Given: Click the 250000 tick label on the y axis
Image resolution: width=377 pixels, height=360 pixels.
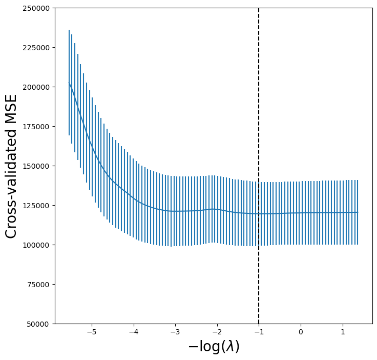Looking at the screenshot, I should (38, 8).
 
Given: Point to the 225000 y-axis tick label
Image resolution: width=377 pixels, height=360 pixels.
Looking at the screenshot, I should (38, 48).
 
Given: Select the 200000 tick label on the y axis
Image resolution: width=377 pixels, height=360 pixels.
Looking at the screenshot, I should (38, 87).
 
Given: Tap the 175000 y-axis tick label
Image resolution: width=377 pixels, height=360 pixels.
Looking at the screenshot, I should (38, 127).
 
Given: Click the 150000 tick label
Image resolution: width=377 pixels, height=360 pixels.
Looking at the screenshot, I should (38, 166).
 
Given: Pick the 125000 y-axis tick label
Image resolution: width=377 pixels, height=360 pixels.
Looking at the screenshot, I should (38, 206).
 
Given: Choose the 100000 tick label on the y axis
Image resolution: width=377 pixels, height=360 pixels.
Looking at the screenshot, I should (38, 245).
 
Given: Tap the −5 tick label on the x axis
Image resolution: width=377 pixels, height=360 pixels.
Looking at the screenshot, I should (92, 332).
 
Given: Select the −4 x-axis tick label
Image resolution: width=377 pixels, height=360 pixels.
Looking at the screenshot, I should (133, 332).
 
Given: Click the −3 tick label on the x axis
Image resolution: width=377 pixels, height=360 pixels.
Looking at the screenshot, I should (175, 332).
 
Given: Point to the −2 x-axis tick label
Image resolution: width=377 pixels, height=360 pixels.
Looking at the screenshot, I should (217, 332).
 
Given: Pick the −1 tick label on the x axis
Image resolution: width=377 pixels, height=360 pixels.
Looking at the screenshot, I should (259, 332).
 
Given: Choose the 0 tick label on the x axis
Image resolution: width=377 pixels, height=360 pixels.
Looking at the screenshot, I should (301, 332).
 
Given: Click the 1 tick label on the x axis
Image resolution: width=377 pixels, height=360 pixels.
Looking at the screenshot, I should (342, 332).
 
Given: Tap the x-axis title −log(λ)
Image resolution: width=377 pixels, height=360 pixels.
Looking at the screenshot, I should (214, 347).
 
